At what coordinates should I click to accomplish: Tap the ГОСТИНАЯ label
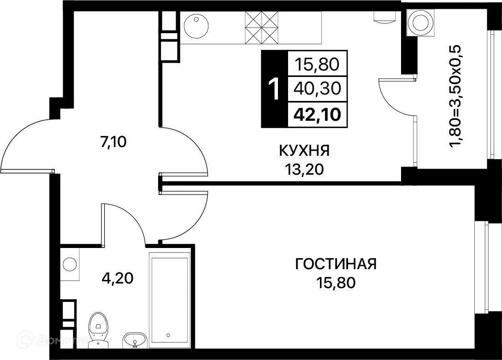pyautogui.click(x=336, y=264)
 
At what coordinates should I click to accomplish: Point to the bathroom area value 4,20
pyautogui.click(x=117, y=278)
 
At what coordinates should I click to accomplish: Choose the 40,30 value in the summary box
pyautogui.click(x=317, y=89)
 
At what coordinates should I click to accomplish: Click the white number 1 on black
pyautogui.click(x=274, y=89)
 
